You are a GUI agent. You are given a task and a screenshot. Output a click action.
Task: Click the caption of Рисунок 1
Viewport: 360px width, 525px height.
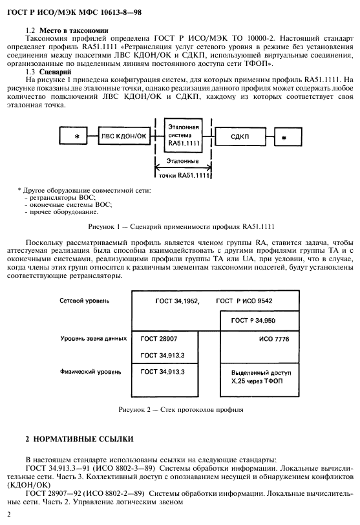[179, 226]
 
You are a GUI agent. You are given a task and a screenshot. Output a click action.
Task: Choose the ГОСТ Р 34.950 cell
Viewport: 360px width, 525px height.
[254, 321]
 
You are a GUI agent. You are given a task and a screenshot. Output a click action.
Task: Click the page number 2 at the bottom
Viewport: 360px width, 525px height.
[8, 513]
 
